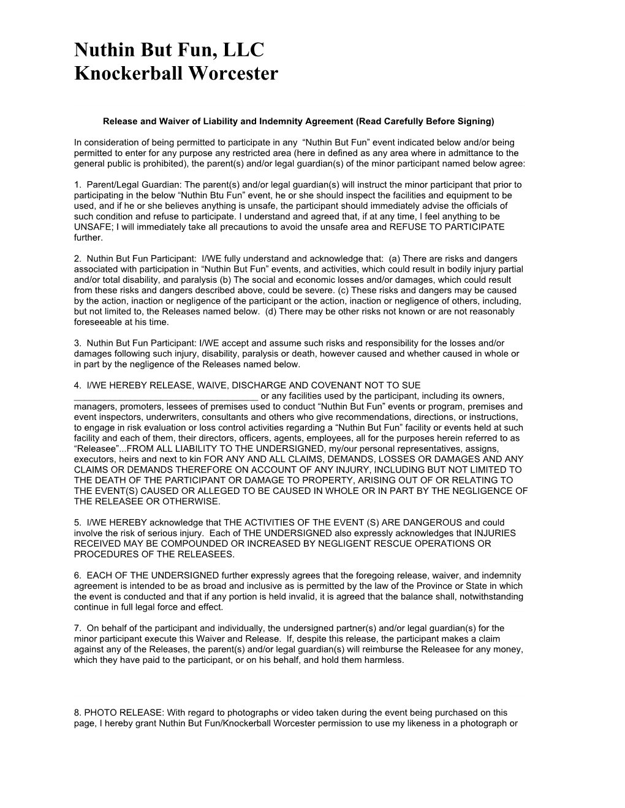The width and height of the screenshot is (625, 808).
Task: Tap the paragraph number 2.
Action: click(x=77, y=259)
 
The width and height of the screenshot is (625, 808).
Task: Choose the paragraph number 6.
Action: click(x=77, y=575)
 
